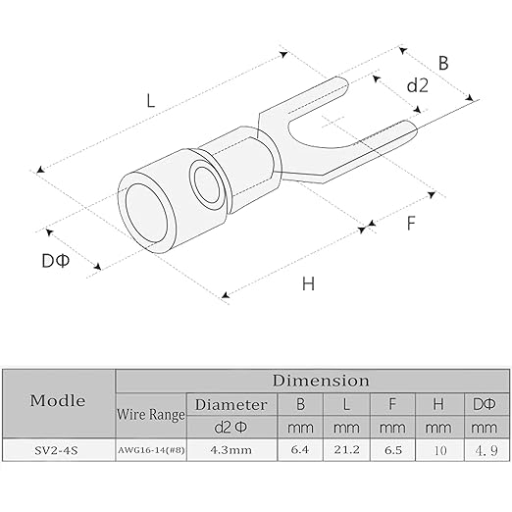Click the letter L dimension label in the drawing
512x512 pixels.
(150, 100)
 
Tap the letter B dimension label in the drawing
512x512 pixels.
(443, 63)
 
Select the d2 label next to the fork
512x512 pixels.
(417, 85)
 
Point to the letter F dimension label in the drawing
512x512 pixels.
(411, 224)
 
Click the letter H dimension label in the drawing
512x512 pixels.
(308, 283)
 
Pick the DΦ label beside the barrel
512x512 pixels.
(56, 261)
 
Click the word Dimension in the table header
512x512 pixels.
(321, 381)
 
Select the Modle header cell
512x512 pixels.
(58, 400)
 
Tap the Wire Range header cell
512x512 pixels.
(151, 415)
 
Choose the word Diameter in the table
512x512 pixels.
(230, 405)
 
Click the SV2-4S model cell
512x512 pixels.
(56, 451)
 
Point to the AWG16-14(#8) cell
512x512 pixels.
(151, 450)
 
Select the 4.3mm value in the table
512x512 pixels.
(230, 450)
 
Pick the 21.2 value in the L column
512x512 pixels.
(346, 450)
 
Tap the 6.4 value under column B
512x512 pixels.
(300, 450)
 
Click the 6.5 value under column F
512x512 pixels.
(392, 450)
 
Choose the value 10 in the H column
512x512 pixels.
(439, 450)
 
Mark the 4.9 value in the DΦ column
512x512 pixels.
(486, 450)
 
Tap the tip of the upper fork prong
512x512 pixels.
(347, 85)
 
